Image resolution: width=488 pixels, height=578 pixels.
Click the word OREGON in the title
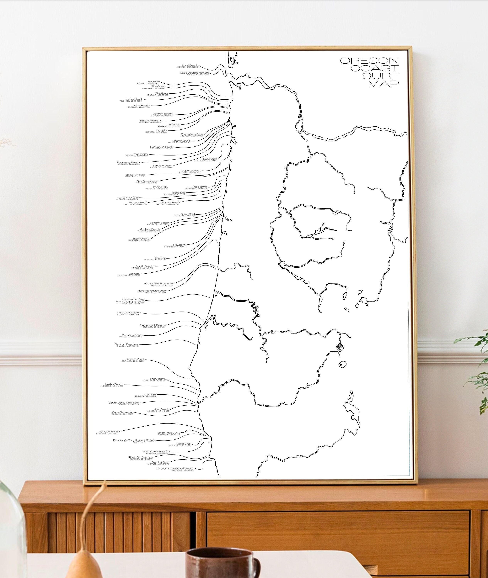369,61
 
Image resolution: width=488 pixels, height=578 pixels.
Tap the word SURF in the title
380,76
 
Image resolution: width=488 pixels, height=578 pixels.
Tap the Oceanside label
210,159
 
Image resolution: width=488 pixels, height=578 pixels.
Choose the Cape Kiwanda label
135,175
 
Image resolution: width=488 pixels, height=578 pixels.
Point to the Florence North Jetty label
158,284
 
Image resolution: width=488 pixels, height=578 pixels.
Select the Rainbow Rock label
108,432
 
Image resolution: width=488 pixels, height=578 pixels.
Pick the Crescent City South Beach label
175,469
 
